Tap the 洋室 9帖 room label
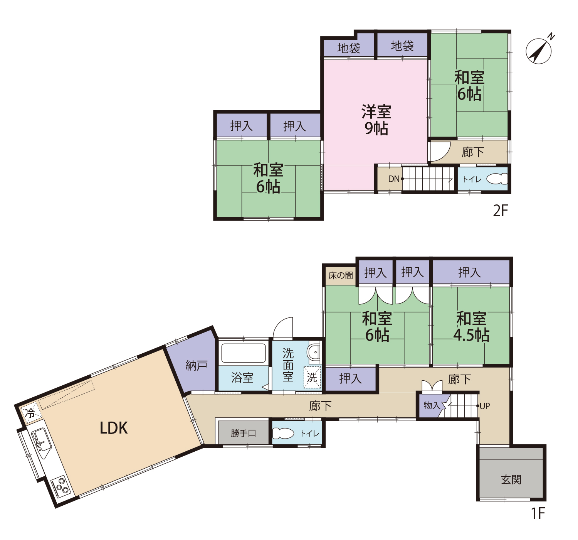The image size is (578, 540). [376, 120]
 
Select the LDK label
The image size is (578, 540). [114, 428]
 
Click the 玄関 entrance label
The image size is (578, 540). [511, 479]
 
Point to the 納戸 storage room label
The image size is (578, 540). [197, 365]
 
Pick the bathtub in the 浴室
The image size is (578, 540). [243, 353]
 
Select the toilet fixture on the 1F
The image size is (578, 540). [283, 433]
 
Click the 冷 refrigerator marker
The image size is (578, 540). [30, 413]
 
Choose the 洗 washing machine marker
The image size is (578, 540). [312, 378]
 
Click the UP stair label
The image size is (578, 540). [485, 406]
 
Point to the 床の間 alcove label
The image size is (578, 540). [341, 275]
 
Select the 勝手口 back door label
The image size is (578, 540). [243, 433]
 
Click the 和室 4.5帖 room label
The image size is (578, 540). [471, 327]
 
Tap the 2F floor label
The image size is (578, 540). [500, 210]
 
